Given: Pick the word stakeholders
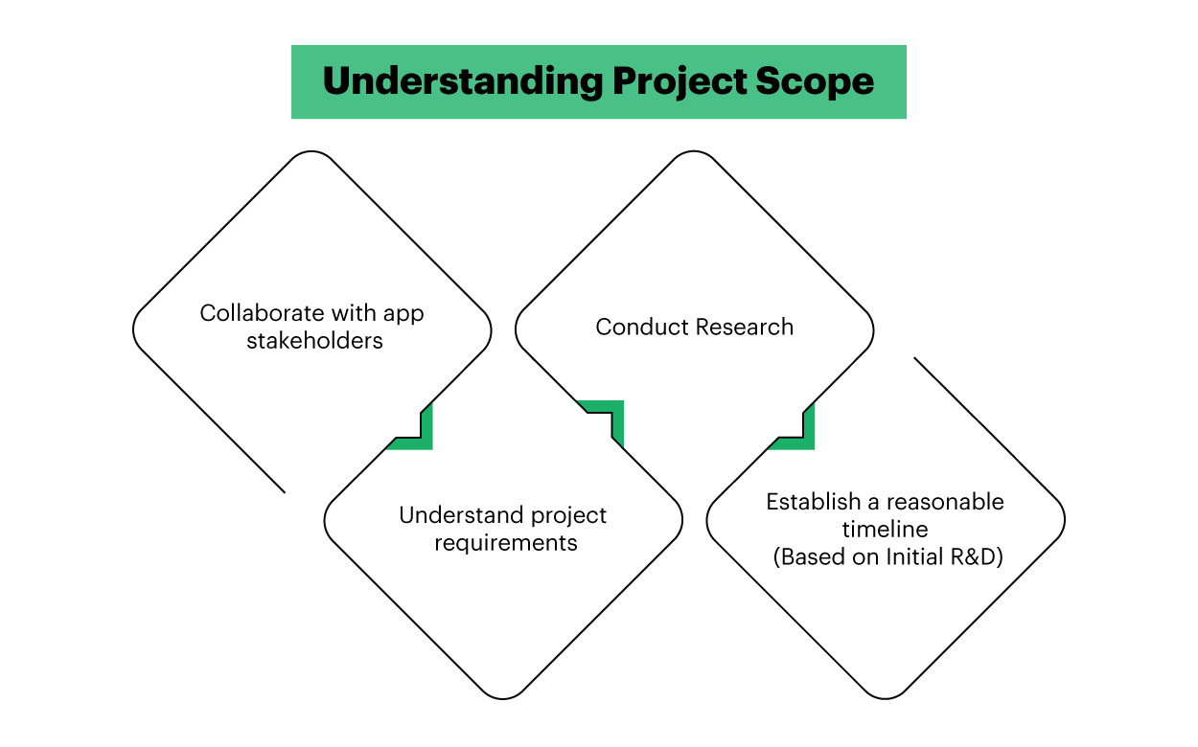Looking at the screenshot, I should point(314,341).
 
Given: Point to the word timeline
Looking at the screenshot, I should point(885,530).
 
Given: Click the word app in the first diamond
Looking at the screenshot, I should point(403,313).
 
